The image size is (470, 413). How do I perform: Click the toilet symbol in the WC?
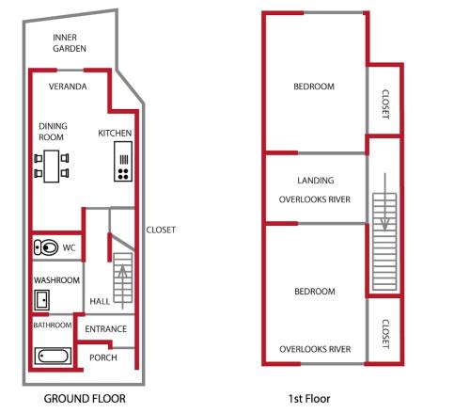[x=46, y=247]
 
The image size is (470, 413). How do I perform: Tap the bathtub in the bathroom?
[x=53, y=356]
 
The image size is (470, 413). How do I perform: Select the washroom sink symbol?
[x=42, y=300]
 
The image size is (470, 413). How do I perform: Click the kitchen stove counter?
[x=123, y=161]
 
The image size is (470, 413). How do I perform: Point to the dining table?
[x=52, y=167]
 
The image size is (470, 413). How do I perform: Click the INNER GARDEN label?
[x=70, y=43]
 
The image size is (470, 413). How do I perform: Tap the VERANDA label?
[x=68, y=87]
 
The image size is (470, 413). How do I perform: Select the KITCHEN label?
[x=115, y=133]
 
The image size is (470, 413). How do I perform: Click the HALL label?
[x=100, y=301]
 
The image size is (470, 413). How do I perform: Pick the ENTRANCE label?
[x=106, y=329]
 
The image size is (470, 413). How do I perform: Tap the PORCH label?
[x=103, y=357]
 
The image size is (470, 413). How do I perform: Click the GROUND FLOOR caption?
[x=85, y=399]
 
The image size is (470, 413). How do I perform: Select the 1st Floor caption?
[x=309, y=399]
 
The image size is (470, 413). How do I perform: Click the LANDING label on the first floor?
[x=316, y=181]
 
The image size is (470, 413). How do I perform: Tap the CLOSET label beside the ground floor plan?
[x=161, y=230]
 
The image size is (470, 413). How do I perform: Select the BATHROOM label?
[x=53, y=326]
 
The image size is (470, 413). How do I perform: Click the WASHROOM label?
[x=56, y=280]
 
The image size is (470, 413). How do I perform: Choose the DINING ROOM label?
[x=53, y=132]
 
